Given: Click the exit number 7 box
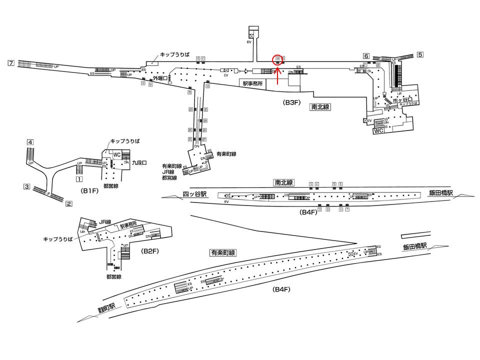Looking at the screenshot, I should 10,62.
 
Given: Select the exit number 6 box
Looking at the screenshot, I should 366,55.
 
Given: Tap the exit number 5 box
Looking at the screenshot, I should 420,54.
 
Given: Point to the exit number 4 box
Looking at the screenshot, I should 30,142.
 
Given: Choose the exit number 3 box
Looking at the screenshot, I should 26,186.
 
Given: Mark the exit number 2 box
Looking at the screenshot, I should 69,203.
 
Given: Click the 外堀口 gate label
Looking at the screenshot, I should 161,78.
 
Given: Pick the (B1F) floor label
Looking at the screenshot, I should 88,191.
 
